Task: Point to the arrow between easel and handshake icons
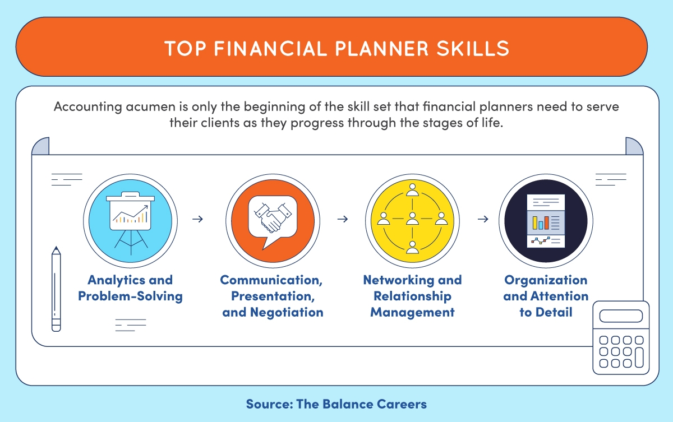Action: point(197,219)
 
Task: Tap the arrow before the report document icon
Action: point(482,219)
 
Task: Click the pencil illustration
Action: point(56,289)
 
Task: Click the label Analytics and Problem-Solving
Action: point(130,288)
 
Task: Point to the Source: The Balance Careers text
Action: point(336,404)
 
